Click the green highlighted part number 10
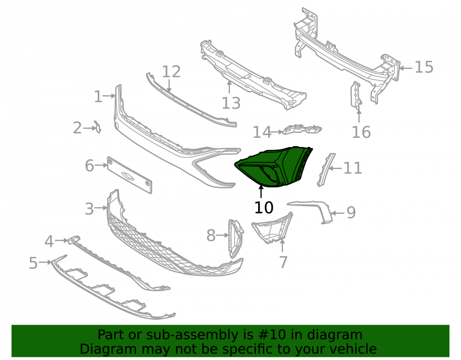click(273, 167)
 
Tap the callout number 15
click(424, 67)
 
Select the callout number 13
click(231, 103)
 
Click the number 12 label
click(171, 72)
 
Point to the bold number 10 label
click(264, 207)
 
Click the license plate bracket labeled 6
click(130, 175)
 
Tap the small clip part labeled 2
click(97, 126)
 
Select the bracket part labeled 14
click(302, 130)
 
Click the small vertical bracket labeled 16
click(356, 96)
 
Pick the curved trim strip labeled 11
click(326, 170)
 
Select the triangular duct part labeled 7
click(272, 228)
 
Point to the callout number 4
click(49, 241)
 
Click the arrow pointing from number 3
click(101, 208)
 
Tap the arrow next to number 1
click(109, 96)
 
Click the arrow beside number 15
click(406, 68)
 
